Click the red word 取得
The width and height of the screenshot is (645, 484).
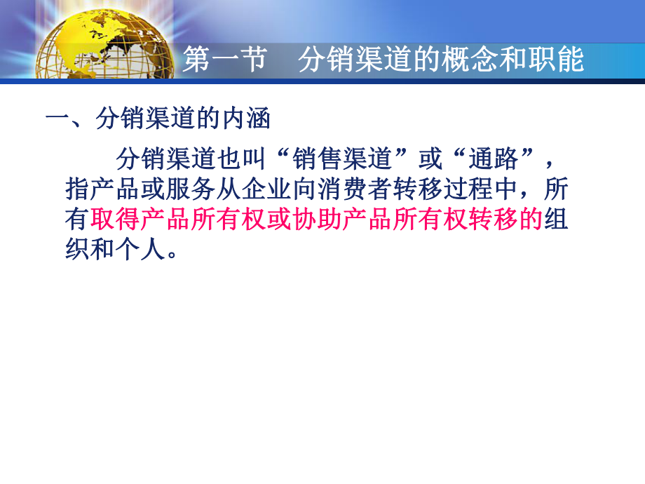click(x=110, y=221)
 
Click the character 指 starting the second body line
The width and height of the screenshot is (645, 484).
click(x=76, y=190)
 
